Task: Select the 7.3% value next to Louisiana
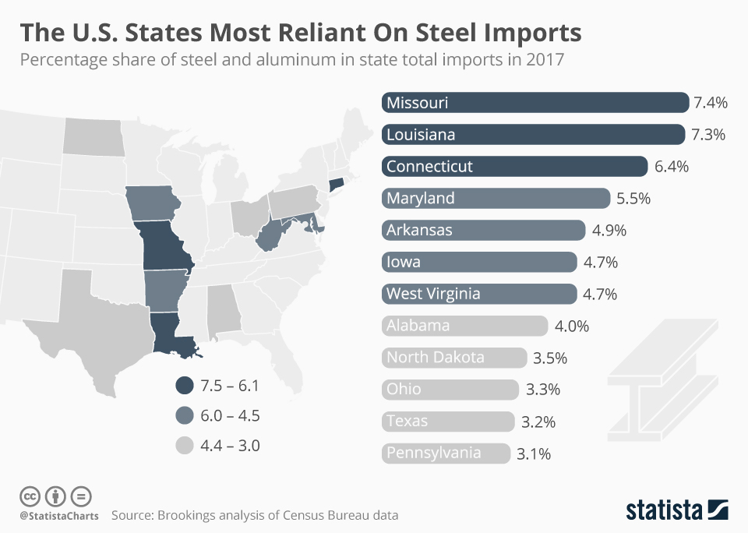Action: tap(708, 135)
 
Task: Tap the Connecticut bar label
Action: tap(429, 167)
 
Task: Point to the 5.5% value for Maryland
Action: tap(633, 199)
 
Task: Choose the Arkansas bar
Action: tap(483, 231)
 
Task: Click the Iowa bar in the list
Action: tap(479, 263)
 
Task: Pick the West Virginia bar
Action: tap(479, 295)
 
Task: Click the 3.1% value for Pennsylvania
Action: tap(534, 454)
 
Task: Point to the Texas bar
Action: tap(448, 422)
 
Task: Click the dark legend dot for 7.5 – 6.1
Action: tap(184, 386)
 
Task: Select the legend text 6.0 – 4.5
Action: tap(230, 416)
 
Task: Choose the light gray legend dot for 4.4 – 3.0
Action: tap(184, 446)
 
